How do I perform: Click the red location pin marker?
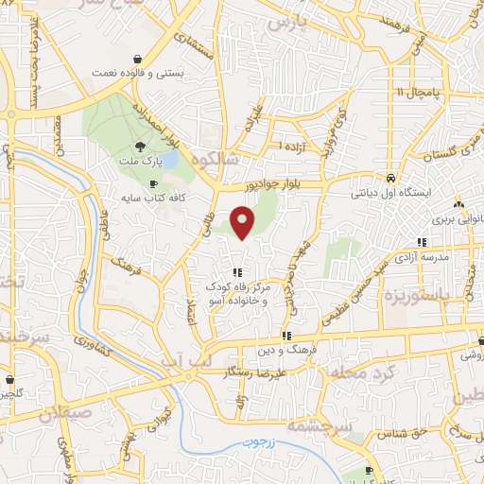(x=244, y=223)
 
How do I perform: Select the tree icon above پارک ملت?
(x=140, y=146)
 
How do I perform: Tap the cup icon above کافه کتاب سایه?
(x=153, y=183)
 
